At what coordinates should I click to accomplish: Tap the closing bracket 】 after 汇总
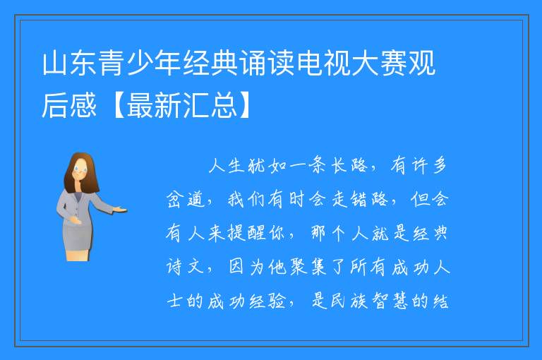246,105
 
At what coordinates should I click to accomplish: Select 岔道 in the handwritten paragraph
186,200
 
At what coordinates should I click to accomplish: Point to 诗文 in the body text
186,267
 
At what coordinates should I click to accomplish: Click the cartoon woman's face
80,170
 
